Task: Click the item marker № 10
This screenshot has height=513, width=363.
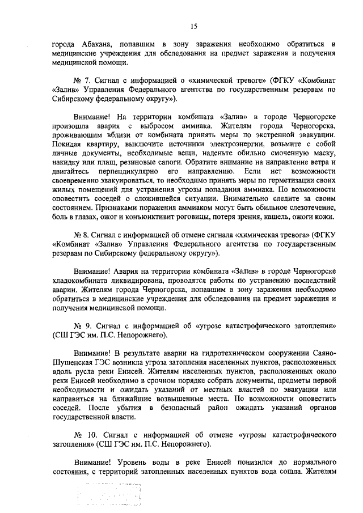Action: point(83,436)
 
